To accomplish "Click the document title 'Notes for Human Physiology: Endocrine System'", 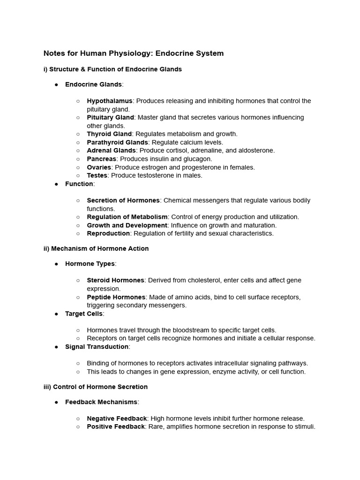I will click(x=134, y=53).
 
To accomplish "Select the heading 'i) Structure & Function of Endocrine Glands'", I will click(x=112, y=69).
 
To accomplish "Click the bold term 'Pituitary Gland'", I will click(x=110, y=117).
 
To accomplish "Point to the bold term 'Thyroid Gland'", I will click(x=109, y=134).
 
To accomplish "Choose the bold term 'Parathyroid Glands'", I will click(x=117, y=142).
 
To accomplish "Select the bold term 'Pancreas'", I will click(x=101, y=159).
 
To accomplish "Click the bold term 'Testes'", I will click(x=97, y=175).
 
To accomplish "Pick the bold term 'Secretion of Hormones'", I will click(x=123, y=200).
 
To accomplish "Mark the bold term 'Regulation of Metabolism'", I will click(x=127, y=217).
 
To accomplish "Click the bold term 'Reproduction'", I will click(x=108, y=233).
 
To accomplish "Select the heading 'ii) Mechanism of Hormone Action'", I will click(x=96, y=248).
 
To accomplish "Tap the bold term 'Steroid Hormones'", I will click(x=115, y=280).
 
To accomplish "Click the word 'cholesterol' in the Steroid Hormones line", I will click(x=190, y=280).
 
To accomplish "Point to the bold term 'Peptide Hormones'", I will click(x=116, y=297).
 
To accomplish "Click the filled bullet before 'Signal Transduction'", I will click(x=56, y=347).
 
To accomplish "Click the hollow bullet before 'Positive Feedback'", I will click(x=78, y=427).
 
